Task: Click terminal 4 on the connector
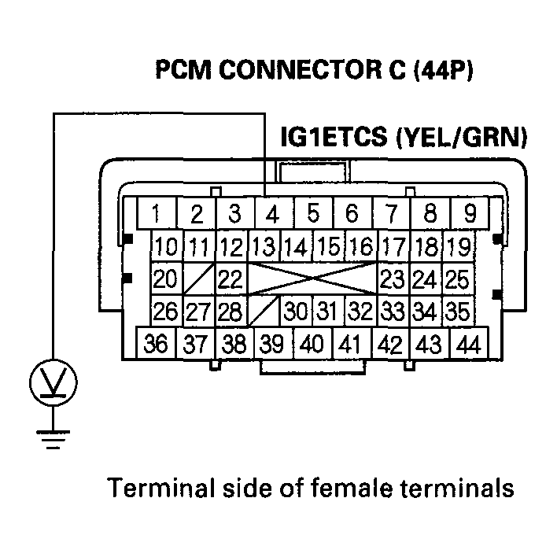[x=272, y=213]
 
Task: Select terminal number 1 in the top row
[x=157, y=213]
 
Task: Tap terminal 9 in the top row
[x=470, y=213]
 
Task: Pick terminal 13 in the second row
[x=264, y=246]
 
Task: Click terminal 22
[x=230, y=278]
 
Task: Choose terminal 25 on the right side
[x=457, y=278]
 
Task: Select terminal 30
[x=296, y=311]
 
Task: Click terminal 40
[x=312, y=344]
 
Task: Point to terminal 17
[x=393, y=246]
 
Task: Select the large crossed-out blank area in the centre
[x=313, y=278]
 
